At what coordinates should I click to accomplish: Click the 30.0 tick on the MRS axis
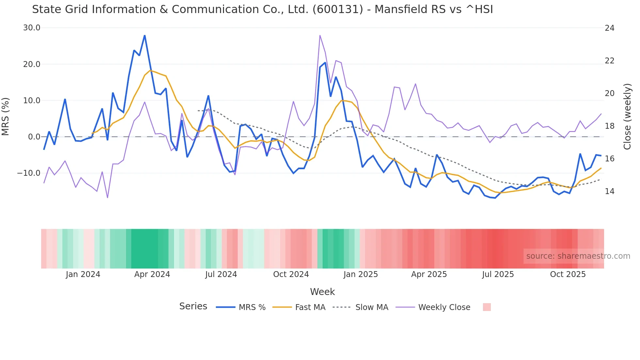(x=31, y=28)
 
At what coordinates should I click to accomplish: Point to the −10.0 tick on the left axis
(x=29, y=173)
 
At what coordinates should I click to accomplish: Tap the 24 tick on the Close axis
(x=609, y=28)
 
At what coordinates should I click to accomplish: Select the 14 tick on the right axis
(x=609, y=191)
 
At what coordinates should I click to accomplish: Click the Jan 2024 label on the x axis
(x=83, y=274)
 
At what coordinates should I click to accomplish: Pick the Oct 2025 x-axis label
(x=568, y=274)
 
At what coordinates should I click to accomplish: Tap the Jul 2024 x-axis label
(x=221, y=274)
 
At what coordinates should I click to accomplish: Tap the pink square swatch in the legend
(x=487, y=307)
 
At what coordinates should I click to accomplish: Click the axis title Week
(x=322, y=292)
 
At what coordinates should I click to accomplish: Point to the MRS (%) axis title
(x=6, y=116)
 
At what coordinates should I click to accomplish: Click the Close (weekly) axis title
(x=627, y=117)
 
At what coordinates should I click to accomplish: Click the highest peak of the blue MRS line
(x=145, y=36)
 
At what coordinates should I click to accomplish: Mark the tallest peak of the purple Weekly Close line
(x=320, y=35)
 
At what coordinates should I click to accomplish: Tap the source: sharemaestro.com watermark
(x=578, y=256)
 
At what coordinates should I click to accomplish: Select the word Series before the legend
(x=193, y=306)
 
